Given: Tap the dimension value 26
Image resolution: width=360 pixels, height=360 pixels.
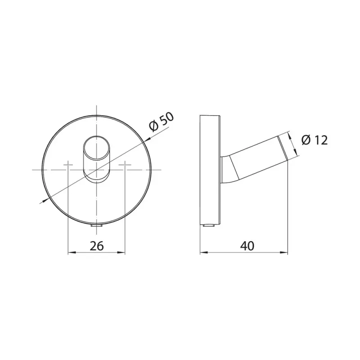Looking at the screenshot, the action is pyautogui.click(x=96, y=246).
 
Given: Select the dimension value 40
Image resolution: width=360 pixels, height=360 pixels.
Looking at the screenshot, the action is pyautogui.click(x=247, y=246).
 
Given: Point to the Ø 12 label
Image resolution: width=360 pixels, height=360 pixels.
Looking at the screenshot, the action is pyautogui.click(x=315, y=140).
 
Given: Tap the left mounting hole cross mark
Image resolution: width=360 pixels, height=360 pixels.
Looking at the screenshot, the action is pyautogui.click(x=68, y=165).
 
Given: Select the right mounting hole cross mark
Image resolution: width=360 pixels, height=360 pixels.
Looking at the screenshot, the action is pyautogui.click(x=125, y=165).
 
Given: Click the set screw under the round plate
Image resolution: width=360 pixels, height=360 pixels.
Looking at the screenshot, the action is pyautogui.click(x=96, y=226).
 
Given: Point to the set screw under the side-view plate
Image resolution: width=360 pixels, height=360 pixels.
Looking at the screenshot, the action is pyautogui.click(x=209, y=225).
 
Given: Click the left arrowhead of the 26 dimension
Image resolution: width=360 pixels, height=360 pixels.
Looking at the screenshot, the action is pyautogui.click(x=72, y=253).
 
